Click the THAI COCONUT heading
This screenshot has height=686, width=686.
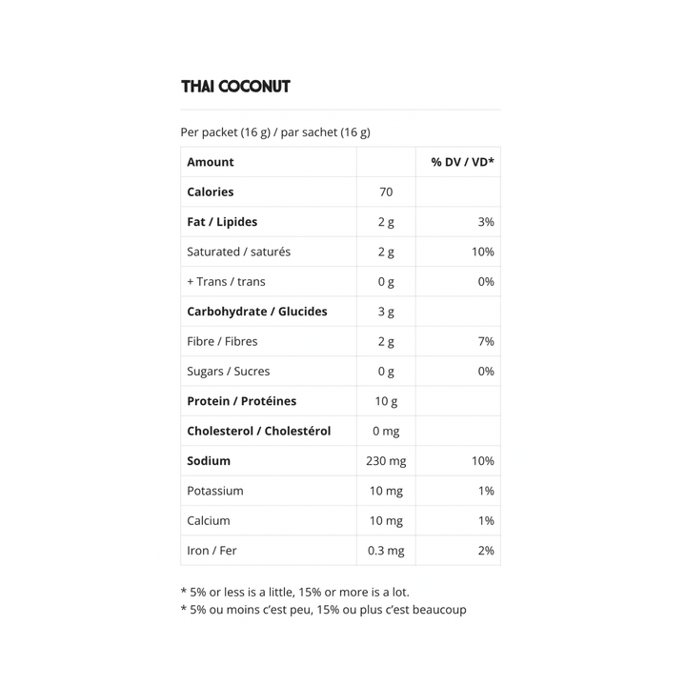point(235,87)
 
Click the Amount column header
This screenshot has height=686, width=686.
point(211,162)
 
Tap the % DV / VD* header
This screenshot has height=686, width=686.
point(462,162)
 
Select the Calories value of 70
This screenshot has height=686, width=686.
point(386,192)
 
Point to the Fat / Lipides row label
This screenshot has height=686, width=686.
point(222,222)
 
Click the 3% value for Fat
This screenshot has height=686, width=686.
point(485,222)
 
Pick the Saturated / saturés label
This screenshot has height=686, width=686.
point(239,252)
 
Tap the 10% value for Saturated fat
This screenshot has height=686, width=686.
point(482,252)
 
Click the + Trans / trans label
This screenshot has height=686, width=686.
point(227,282)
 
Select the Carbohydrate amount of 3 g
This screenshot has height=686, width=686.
point(386,312)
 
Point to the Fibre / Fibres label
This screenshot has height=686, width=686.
point(222,341)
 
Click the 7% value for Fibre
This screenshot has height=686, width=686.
point(485,341)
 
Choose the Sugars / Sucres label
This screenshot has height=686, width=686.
point(229,372)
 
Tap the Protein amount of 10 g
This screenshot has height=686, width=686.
point(386,401)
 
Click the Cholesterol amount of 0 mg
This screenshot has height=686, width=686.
point(386,432)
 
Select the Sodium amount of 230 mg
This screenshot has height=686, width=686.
point(386,461)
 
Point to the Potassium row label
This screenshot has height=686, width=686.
point(215,491)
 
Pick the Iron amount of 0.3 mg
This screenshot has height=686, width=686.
point(386,551)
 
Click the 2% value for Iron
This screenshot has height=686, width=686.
point(485,551)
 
